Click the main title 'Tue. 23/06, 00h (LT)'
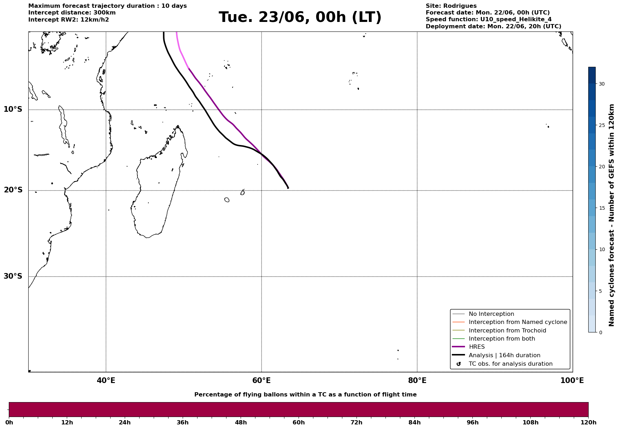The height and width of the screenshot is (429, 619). coord(300,17)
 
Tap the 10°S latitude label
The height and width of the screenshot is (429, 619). coord(13,109)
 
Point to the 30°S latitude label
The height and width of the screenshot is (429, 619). coord(13,276)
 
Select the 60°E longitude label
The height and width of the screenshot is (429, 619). coord(261,381)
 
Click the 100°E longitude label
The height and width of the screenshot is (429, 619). coord(572,381)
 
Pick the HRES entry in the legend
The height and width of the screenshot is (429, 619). coord(477,347)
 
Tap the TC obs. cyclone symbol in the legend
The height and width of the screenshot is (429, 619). coord(459,364)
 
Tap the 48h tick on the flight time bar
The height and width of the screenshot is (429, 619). coord(241,422)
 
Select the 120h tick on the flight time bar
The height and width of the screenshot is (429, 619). coord(588,422)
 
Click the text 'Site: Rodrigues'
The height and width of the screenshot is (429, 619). coord(451,6)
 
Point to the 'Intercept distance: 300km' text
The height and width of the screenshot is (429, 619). coord(72,13)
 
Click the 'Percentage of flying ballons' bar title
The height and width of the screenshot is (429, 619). coord(305,395)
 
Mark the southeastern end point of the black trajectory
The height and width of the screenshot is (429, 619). coord(288,188)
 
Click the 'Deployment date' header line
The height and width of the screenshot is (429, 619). coord(494,27)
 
